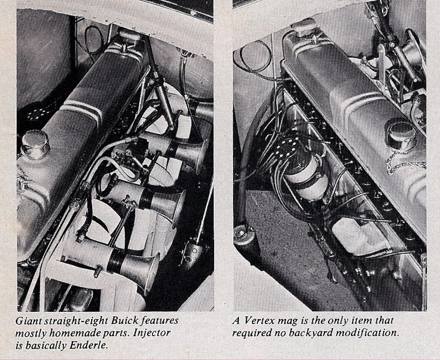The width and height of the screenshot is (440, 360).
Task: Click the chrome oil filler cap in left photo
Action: pyautogui.click(x=36, y=144)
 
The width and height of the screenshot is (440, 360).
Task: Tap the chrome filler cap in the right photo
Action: pyautogui.click(x=399, y=132)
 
